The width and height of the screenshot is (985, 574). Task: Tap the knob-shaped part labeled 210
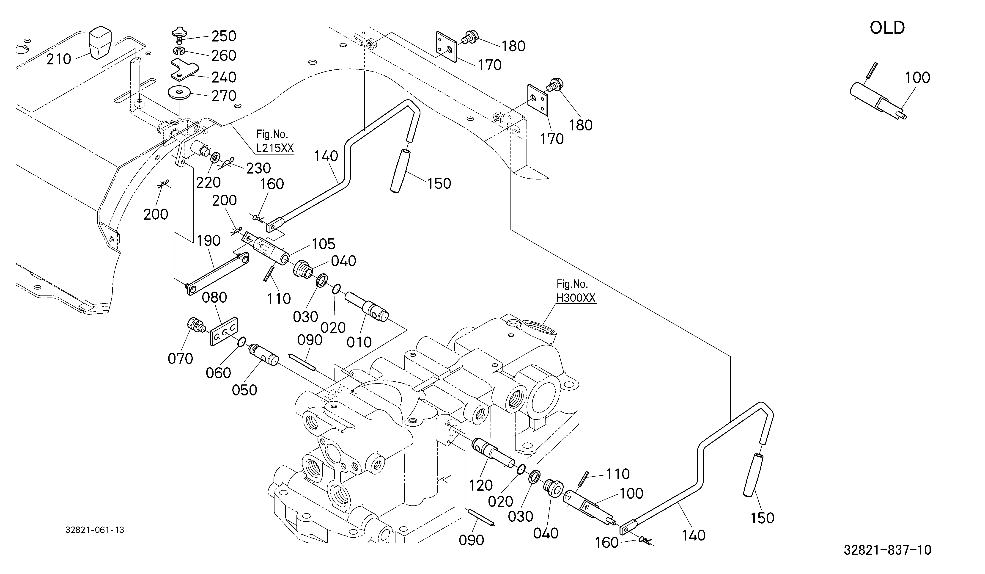coord(100,42)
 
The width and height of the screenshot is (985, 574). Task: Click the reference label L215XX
coord(275,148)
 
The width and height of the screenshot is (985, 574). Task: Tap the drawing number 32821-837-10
coord(887,550)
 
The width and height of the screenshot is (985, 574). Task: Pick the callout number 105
coord(324,244)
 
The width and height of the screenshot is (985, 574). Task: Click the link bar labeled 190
coord(216,274)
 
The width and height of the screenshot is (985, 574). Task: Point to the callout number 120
coord(481,486)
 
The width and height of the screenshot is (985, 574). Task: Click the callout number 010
coord(359,342)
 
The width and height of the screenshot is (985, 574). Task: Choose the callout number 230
coord(258,168)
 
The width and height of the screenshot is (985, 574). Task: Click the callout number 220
coord(208,183)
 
